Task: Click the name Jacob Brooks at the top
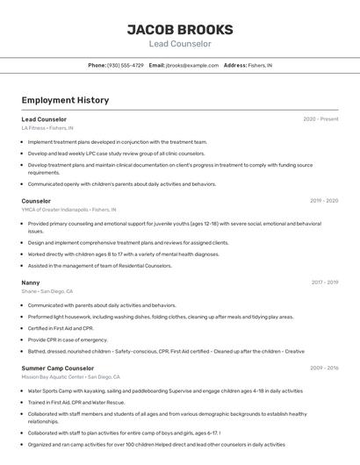tap(179, 29)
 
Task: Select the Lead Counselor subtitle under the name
tap(179, 44)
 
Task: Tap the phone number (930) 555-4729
tap(126, 66)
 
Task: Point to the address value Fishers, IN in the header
tap(260, 66)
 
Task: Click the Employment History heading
tap(65, 100)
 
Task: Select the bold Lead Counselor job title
tap(44, 118)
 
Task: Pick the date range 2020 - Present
tap(320, 118)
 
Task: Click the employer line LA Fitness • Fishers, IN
tap(47, 128)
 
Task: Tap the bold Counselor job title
tap(36, 201)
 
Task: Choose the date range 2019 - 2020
tap(324, 201)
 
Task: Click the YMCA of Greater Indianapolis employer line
tap(68, 210)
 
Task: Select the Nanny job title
tap(31, 283)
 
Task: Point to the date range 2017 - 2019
tap(325, 283)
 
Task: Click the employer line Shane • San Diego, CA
tap(47, 291)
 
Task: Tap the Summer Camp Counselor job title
tap(58, 368)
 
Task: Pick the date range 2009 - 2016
tap(324, 368)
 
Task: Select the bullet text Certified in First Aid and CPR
tap(61, 328)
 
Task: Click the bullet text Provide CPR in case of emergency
tap(68, 340)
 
